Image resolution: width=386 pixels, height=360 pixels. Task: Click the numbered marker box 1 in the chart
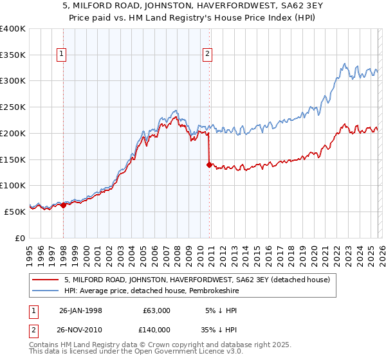click(62, 55)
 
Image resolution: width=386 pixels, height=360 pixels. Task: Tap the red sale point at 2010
click(209, 165)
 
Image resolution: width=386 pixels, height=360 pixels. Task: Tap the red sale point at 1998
click(63, 204)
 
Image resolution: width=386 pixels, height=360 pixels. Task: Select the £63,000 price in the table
click(156, 310)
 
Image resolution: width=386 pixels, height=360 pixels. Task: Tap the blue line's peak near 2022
click(345, 64)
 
